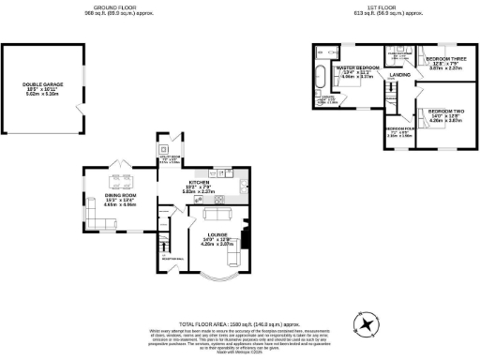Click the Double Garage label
[39, 87]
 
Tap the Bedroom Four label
[400, 128]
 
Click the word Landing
[400, 74]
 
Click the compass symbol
[366, 323]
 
